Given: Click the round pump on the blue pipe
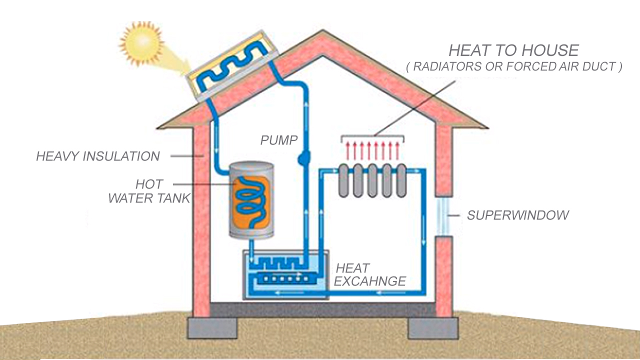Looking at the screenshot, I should [x=304, y=159].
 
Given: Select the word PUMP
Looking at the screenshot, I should [x=278, y=140].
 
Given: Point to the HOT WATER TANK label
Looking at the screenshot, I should [x=149, y=191].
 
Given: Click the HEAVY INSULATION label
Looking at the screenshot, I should [x=98, y=156].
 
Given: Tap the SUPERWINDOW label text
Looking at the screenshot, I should [x=518, y=215].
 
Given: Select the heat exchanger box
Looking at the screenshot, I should [x=285, y=275].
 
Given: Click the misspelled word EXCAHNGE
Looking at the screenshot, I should [x=370, y=281].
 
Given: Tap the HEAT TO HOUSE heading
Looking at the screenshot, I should [x=513, y=50].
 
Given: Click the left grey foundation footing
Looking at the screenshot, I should [x=212, y=327].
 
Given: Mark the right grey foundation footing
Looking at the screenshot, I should [x=433, y=327].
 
